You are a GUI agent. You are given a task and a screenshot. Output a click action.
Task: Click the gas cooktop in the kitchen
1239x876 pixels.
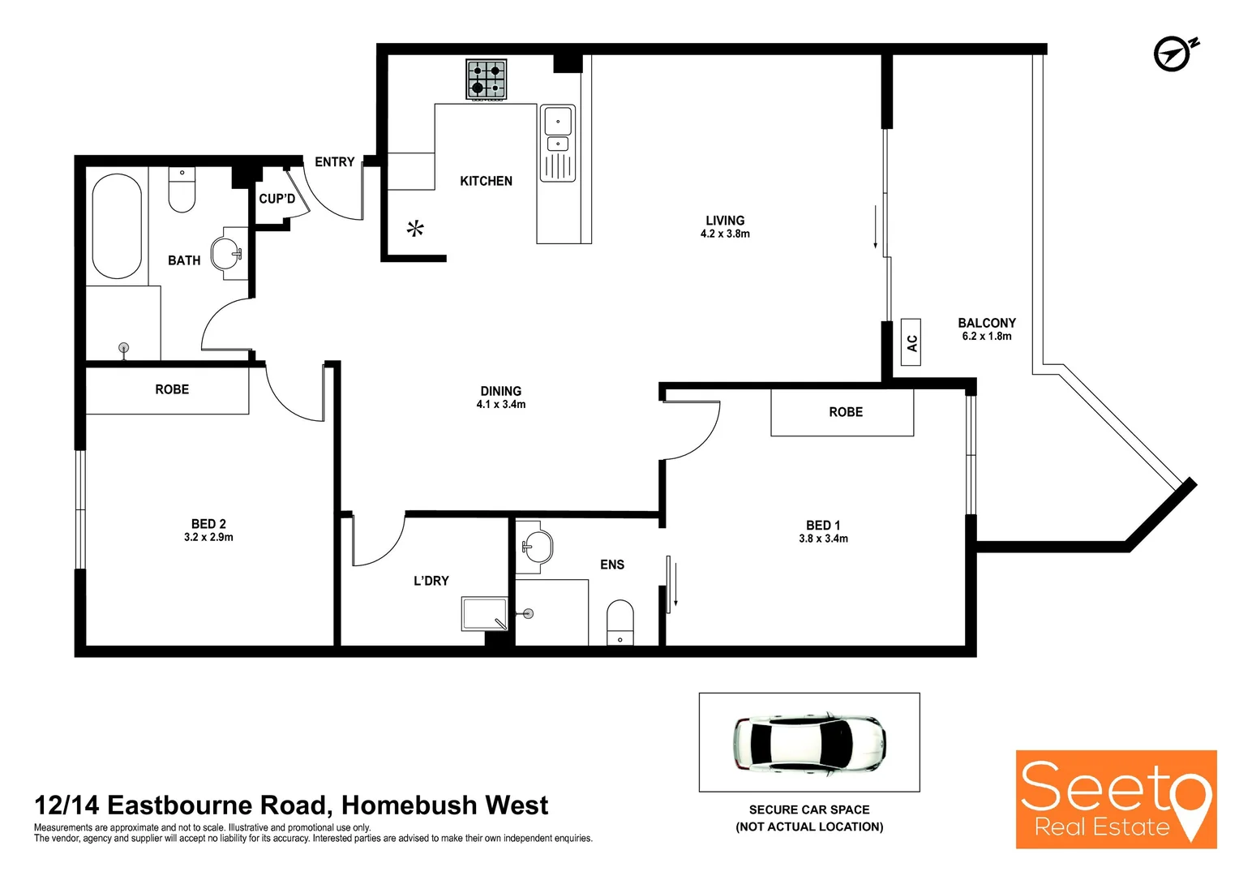point(486,79)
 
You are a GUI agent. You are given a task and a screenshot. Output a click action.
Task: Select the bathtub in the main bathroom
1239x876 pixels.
point(117,226)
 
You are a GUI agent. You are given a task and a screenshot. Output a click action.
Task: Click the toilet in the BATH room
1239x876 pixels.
point(182,191)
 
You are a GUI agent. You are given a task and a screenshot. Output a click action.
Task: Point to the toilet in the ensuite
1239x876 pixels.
point(620,623)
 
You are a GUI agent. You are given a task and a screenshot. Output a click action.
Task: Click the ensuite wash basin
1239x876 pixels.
point(535,546)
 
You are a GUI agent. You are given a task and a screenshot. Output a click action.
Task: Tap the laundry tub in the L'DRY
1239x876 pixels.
point(485,614)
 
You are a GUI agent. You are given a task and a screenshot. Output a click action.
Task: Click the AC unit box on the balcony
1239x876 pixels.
point(911,342)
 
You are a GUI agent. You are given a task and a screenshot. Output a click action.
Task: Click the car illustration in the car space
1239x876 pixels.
point(809,742)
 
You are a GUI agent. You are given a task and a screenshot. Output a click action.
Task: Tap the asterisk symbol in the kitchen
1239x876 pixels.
point(415,229)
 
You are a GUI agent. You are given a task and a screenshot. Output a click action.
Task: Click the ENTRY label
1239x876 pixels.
point(335,162)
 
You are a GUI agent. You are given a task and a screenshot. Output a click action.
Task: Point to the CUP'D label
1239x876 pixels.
point(277,199)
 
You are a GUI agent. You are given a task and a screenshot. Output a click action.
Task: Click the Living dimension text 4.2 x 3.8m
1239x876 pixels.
point(725,234)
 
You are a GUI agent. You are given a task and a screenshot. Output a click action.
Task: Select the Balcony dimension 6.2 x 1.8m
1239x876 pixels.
point(986,337)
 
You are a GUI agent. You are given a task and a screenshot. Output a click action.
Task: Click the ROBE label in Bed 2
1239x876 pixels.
point(172,389)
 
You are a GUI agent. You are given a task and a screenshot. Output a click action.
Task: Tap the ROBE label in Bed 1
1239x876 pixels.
point(846,412)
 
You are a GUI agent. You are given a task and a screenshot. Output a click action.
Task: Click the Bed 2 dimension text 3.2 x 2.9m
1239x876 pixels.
point(208,538)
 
